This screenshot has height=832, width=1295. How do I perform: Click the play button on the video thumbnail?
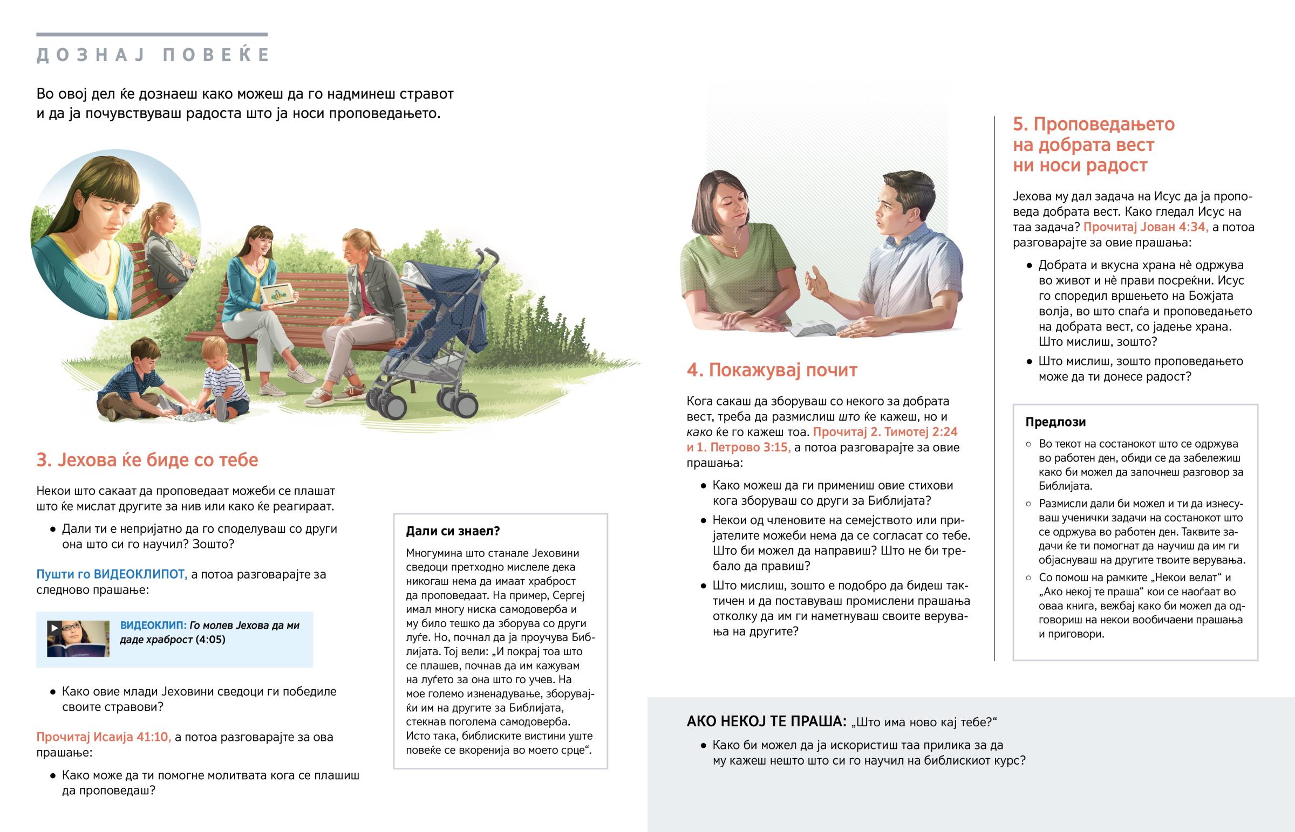click(x=54, y=628)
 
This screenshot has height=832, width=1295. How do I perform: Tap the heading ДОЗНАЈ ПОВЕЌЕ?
click(x=152, y=55)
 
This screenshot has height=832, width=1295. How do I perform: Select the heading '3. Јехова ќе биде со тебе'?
click(x=147, y=460)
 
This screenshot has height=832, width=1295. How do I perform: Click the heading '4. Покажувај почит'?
click(x=772, y=370)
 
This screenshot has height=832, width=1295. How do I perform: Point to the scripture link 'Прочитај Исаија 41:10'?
click(x=103, y=737)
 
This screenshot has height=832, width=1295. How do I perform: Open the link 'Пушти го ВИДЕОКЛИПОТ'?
click(x=111, y=574)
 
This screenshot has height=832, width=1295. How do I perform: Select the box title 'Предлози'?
click(x=1055, y=422)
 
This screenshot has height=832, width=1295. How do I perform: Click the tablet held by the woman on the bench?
click(x=278, y=293)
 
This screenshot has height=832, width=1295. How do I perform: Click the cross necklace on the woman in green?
click(x=735, y=250)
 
